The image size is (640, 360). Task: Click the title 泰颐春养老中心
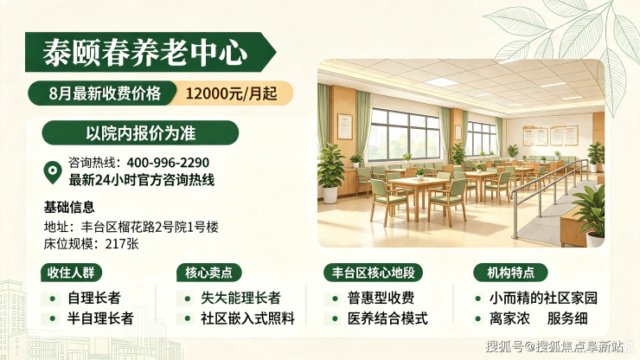pyautogui.click(x=145, y=53)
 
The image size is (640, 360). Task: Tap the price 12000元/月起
pyautogui.click(x=232, y=93)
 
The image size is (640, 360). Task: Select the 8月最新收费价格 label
pyautogui.click(x=105, y=93)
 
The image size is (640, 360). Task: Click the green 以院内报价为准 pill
pyautogui.click(x=140, y=132)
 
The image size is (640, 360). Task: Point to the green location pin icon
pyautogui.click(x=53, y=171)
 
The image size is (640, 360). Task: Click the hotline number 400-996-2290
pyautogui.click(x=168, y=163)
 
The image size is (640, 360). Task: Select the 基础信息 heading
pyautogui.click(x=69, y=207)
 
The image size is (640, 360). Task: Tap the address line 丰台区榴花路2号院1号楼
pyautogui.click(x=150, y=227)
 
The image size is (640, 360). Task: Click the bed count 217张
pyautogui.click(x=122, y=244)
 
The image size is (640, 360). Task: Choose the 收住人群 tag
pyautogui.click(x=71, y=273)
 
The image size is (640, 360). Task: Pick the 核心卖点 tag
pyautogui.click(x=208, y=273)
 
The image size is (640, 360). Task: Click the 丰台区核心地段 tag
pyautogui.click(x=373, y=273)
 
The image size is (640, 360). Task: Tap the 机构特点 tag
pyautogui.click(x=510, y=273)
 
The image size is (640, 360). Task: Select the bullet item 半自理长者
pyautogui.click(x=100, y=318)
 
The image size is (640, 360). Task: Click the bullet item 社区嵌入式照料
pyautogui.click(x=247, y=318)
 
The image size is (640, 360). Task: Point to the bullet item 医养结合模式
pyautogui.click(x=387, y=318)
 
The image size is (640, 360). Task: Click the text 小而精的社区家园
pyautogui.click(x=543, y=298)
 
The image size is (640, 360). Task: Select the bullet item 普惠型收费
pyautogui.click(x=381, y=298)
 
